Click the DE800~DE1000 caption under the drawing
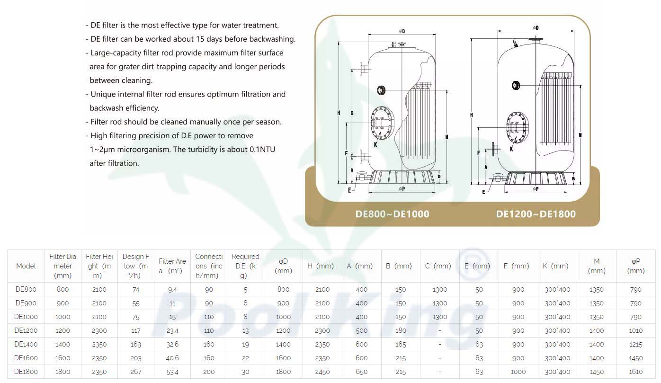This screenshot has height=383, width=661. click(392, 214)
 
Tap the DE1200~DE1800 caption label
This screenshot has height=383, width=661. click(536, 214)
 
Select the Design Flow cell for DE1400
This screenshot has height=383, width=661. click(136, 344)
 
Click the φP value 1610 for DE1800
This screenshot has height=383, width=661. click(635, 372)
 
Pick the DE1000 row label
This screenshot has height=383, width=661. click(26, 317)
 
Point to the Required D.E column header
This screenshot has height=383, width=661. click(246, 266)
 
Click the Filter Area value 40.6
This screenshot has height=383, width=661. click(172, 358)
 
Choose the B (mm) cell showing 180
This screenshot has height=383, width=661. click(401, 330)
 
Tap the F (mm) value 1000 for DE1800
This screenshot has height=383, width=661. click(518, 372)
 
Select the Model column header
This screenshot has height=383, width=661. click(26, 266)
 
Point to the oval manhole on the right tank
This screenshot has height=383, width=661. click(517, 127)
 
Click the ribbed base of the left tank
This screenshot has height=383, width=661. click(402, 177)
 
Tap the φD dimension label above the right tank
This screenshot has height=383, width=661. click(536, 28)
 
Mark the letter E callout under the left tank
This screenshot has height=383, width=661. click(349, 190)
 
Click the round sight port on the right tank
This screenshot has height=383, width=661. click(516, 86)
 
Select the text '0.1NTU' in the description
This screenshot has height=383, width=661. click(262, 149)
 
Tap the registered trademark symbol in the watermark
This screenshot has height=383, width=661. click(473, 264)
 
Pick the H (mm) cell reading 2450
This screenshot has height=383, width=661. click(322, 372)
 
